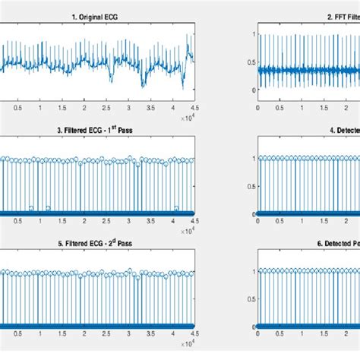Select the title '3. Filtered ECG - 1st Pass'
pos(96,131)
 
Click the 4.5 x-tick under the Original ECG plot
pos(194,109)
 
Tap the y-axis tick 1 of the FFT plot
pos(253,33)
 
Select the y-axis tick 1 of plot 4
pos(253,158)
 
